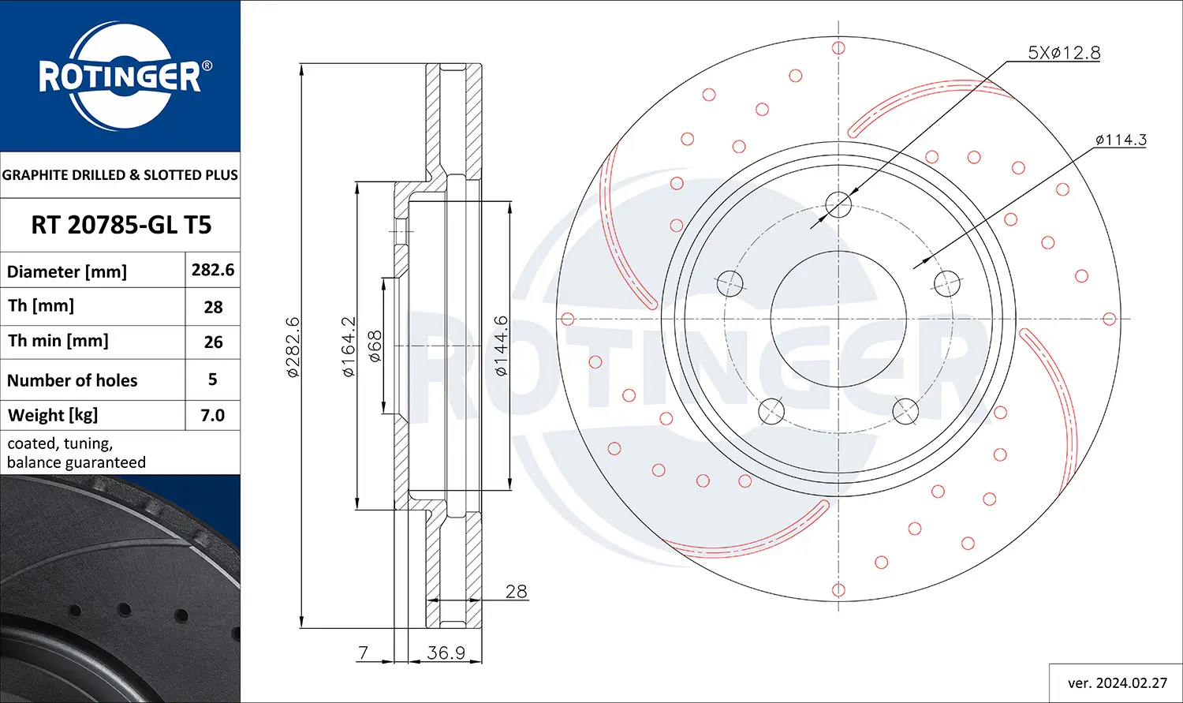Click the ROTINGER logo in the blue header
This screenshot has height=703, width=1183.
pyautogui.click(x=121, y=77)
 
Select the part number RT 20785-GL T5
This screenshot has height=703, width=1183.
pyautogui.click(x=121, y=226)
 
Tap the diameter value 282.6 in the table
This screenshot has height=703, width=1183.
pyautogui.click(x=213, y=270)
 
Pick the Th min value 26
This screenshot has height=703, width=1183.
pyautogui.click(x=213, y=342)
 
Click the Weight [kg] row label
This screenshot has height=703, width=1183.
pyautogui.click(x=53, y=415)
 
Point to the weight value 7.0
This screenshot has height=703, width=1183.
pyautogui.click(x=213, y=415)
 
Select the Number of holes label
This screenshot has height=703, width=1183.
pyautogui.click(x=72, y=380)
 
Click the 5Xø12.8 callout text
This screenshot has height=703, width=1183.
pyautogui.click(x=1063, y=53)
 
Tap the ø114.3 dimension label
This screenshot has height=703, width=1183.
pyautogui.click(x=1120, y=140)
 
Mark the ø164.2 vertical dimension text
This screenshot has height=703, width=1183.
pyautogui.click(x=348, y=347)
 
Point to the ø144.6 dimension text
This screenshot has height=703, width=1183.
pyautogui.click(x=501, y=346)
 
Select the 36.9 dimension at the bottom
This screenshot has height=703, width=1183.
pyautogui.click(x=446, y=653)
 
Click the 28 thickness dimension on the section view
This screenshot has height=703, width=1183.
pyautogui.click(x=516, y=592)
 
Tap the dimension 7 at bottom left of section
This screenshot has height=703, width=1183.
pyautogui.click(x=363, y=653)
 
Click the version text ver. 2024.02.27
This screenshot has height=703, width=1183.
pyautogui.click(x=1117, y=682)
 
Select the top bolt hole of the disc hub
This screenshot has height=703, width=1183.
pyautogui.click(x=838, y=206)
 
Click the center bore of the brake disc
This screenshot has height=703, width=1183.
pyautogui.click(x=838, y=319)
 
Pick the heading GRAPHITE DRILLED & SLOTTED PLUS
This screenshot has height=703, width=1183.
pyautogui.click(x=120, y=175)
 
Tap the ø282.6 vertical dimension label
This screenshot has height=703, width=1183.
pyautogui.click(x=293, y=347)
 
